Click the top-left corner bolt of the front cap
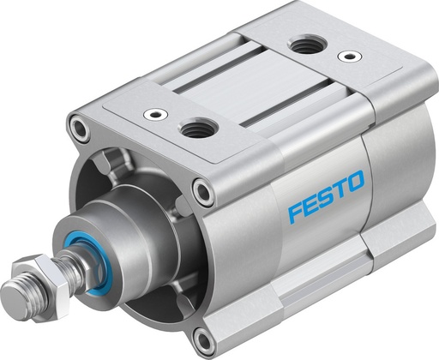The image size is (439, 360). coord(79,130)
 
